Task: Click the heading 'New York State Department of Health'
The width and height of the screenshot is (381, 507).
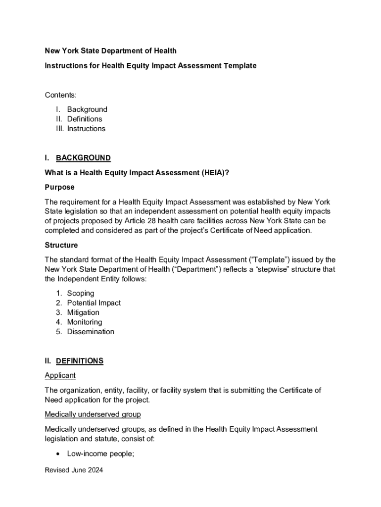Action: pyautogui.click(x=110, y=51)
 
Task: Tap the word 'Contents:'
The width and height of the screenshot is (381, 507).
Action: pyautogui.click(x=61, y=95)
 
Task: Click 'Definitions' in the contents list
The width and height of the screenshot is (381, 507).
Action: pyautogui.click(x=85, y=119)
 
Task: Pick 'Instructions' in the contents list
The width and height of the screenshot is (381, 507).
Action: pyautogui.click(x=86, y=129)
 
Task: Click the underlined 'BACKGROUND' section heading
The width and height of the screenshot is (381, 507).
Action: pyautogui.click(x=83, y=158)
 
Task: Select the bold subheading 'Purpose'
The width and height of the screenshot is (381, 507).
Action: pyautogui.click(x=59, y=187)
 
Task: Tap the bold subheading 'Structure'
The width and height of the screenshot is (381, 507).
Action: pyautogui.click(x=61, y=245)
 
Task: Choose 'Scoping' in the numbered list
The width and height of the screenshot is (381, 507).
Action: pyautogui.click(x=81, y=293)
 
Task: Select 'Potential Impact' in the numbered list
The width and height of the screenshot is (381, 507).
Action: pyautogui.click(x=94, y=303)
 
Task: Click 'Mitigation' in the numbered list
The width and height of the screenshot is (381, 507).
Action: pyautogui.click(x=83, y=312)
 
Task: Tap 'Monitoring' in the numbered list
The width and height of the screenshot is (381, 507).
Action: pyautogui.click(x=85, y=322)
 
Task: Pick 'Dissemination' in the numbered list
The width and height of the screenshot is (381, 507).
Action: pyautogui.click(x=91, y=332)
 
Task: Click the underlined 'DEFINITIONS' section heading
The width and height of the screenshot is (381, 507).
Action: pyautogui.click(x=79, y=361)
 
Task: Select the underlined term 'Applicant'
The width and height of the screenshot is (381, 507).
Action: pyautogui.click(x=60, y=375)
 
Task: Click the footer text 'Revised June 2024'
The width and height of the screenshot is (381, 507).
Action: pyautogui.click(x=74, y=471)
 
